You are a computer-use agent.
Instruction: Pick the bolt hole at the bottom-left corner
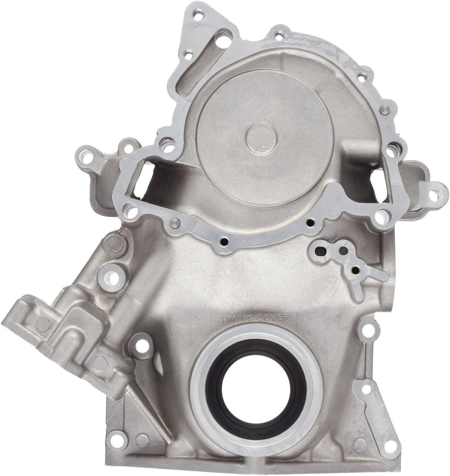[x=117, y=438]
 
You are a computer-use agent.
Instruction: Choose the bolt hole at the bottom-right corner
[x=391, y=446]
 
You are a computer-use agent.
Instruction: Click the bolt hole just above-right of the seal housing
[x=368, y=331]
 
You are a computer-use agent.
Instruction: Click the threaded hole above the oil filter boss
[x=112, y=278]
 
